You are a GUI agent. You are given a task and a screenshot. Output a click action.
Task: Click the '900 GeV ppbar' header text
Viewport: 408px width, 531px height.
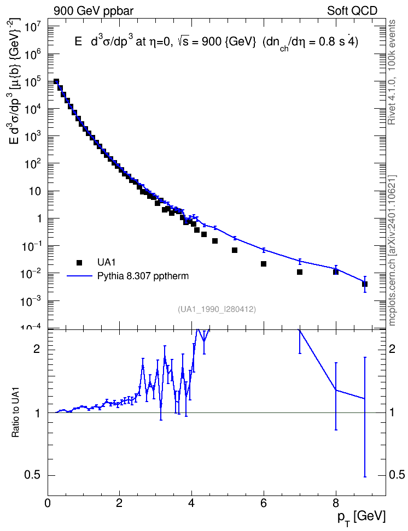coord(94,11)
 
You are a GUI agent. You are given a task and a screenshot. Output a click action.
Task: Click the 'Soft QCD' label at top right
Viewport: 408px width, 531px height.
coord(352,11)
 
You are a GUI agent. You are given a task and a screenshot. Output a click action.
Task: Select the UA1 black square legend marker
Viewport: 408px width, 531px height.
coord(79,262)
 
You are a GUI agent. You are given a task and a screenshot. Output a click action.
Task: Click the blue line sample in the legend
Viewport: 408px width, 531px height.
coord(80,276)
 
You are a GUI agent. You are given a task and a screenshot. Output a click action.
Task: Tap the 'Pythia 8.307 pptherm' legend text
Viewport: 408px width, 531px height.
coord(143,276)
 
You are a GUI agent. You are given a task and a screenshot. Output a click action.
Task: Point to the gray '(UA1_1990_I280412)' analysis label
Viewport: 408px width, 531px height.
coord(217,309)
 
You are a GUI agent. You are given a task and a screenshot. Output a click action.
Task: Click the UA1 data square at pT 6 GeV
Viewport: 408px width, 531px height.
coord(264,263)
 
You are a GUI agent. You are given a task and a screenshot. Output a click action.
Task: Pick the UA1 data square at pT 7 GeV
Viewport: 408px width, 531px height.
coord(300,272)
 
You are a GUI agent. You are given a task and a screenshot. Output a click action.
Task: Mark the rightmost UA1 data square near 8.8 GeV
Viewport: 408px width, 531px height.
coord(365,284)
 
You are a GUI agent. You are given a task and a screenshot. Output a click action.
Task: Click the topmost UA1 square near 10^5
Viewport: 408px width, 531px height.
coord(56,81)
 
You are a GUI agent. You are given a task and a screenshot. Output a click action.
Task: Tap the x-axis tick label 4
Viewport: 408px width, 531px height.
coord(191,503)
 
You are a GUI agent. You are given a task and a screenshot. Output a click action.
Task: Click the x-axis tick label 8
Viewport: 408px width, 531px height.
coord(336,503)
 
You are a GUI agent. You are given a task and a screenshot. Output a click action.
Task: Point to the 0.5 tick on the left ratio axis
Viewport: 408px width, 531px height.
coord(33,475)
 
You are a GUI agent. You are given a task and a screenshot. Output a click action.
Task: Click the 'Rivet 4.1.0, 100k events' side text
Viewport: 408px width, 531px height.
coord(392,72)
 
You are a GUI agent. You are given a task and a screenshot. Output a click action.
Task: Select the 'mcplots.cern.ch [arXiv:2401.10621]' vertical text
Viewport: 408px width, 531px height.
coord(392,250)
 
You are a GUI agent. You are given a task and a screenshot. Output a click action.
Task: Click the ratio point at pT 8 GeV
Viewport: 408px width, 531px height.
coord(336,390)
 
